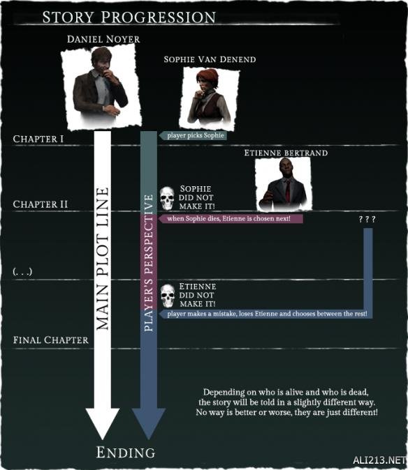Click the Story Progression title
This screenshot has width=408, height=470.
tap(129, 17)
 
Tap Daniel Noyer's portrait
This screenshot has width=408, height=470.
tap(101, 87)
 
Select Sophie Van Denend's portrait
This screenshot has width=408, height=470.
tap(209, 98)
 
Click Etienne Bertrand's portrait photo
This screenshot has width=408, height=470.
tap(284, 183)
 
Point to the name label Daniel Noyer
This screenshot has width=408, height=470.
tap(103, 39)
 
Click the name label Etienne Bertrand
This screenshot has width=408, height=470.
tap(286, 153)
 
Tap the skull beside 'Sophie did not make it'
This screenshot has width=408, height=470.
tap(167, 198)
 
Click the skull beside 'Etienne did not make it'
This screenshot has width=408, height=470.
tap(167, 296)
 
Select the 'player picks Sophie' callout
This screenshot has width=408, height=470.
tap(193, 135)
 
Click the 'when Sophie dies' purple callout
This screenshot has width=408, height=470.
tap(231, 218)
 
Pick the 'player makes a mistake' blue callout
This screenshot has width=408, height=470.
tap(265, 314)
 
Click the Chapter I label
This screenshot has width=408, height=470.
tap(38, 139)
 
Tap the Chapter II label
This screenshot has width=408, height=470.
tap(41, 204)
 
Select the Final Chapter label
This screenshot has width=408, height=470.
tap(51, 340)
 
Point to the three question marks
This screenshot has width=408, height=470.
tap(367, 220)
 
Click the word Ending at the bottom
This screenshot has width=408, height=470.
tap(126, 453)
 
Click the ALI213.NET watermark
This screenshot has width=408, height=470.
tap(379, 460)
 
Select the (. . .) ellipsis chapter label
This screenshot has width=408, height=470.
tap(22, 271)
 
